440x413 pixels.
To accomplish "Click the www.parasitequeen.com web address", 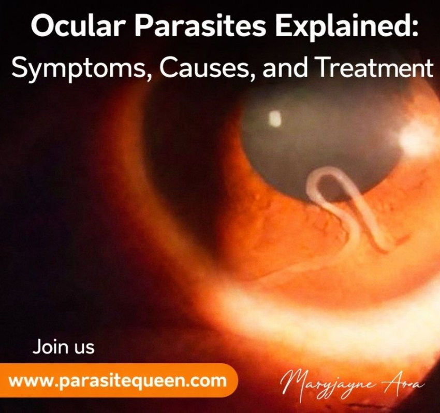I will point(118,381).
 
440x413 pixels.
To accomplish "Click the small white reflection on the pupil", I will point(274,119).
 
